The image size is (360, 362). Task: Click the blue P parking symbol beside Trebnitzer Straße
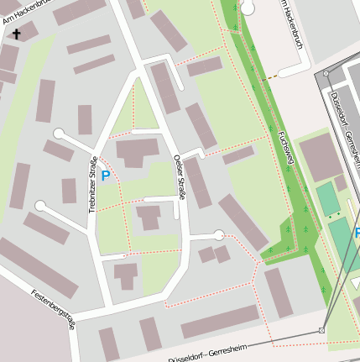[106, 176]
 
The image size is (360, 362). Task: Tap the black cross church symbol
[16, 34]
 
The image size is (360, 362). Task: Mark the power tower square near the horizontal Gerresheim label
[321, 330]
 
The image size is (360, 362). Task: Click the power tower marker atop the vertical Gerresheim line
[326, 74]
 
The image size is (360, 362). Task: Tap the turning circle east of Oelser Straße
[219, 234]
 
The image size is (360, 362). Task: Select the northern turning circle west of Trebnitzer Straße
[59, 133]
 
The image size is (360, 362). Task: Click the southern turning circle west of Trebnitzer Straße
[40, 205]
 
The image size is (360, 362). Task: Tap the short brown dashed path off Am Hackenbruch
[269, 79]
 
